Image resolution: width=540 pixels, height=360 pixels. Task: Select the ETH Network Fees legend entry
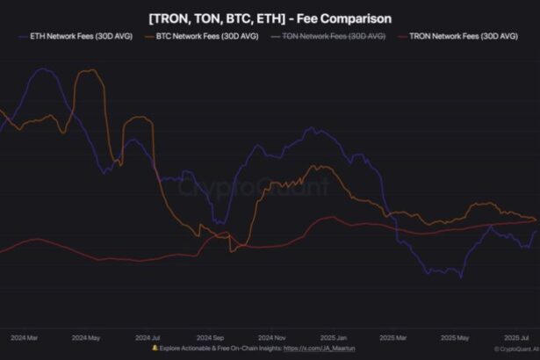pos(75,37)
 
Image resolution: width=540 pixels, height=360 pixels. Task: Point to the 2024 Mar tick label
pos(24,337)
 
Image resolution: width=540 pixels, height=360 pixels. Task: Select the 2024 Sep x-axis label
pos(210,337)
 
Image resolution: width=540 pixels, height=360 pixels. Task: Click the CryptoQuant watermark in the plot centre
pos(255,187)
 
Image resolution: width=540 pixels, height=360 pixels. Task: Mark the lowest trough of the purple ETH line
pos(461,278)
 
